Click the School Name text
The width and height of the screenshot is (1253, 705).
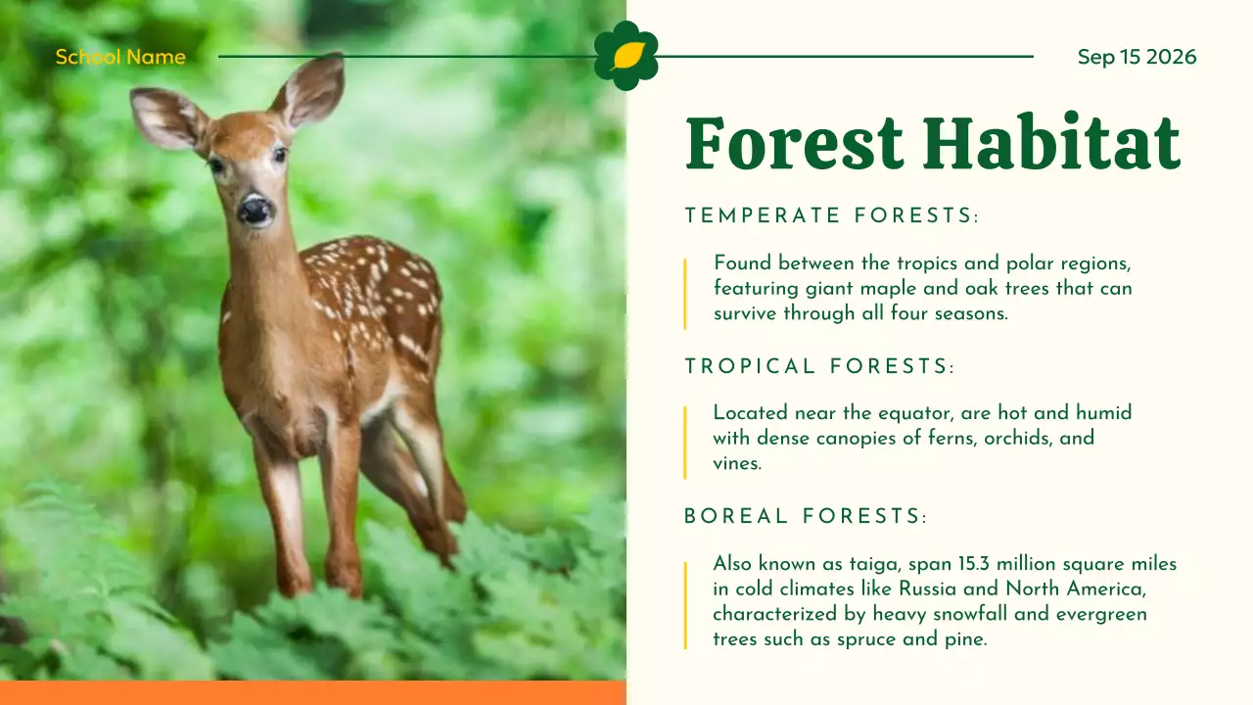pos(119,57)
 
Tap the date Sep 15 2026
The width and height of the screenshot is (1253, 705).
pos(1137,57)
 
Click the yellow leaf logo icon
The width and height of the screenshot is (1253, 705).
pos(626,56)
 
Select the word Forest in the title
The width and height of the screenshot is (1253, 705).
pos(794,144)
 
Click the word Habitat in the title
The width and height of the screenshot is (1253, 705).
pos(1050,144)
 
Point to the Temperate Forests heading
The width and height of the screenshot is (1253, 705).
pos(831,215)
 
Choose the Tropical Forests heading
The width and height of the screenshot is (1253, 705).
pos(818,366)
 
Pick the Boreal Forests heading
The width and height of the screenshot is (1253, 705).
pos(805,516)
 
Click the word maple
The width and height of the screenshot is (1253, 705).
pos(889,289)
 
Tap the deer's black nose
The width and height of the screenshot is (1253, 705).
pos(255,209)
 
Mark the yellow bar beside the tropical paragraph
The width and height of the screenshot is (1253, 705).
pos(685,442)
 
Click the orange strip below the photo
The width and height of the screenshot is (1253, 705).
pos(313,693)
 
